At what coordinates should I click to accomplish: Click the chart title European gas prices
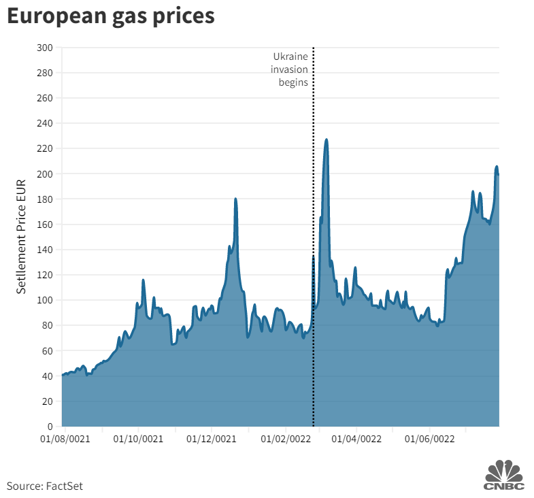pyautogui.click(x=111, y=18)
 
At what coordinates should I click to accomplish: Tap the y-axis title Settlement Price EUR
pyautogui.click(x=22, y=236)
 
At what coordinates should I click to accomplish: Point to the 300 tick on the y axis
pyautogui.click(x=46, y=48)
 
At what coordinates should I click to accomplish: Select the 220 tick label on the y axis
pyautogui.click(x=46, y=148)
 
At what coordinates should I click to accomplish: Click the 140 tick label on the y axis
pyautogui.click(x=46, y=250)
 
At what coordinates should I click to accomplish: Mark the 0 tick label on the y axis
pyautogui.click(x=50, y=427)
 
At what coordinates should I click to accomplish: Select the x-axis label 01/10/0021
pyautogui.click(x=139, y=439)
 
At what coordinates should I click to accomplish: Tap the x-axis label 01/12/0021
pyautogui.click(x=212, y=439)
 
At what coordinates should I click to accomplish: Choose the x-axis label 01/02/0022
pyautogui.click(x=286, y=439)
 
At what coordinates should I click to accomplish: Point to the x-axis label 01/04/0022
pyautogui.click(x=358, y=439)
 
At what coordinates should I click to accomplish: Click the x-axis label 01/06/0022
pyautogui.click(x=431, y=439)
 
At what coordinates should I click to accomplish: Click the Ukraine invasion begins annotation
pyautogui.click(x=290, y=69)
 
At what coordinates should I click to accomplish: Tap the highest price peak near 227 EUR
pyautogui.click(x=327, y=139)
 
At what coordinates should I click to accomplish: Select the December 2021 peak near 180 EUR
pyautogui.click(x=235, y=199)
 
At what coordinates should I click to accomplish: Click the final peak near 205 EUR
pyautogui.click(x=497, y=167)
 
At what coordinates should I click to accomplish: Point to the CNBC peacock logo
pyautogui.click(x=504, y=474)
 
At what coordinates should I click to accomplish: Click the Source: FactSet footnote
pyautogui.click(x=45, y=486)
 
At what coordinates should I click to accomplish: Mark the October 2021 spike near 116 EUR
pyautogui.click(x=143, y=280)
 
